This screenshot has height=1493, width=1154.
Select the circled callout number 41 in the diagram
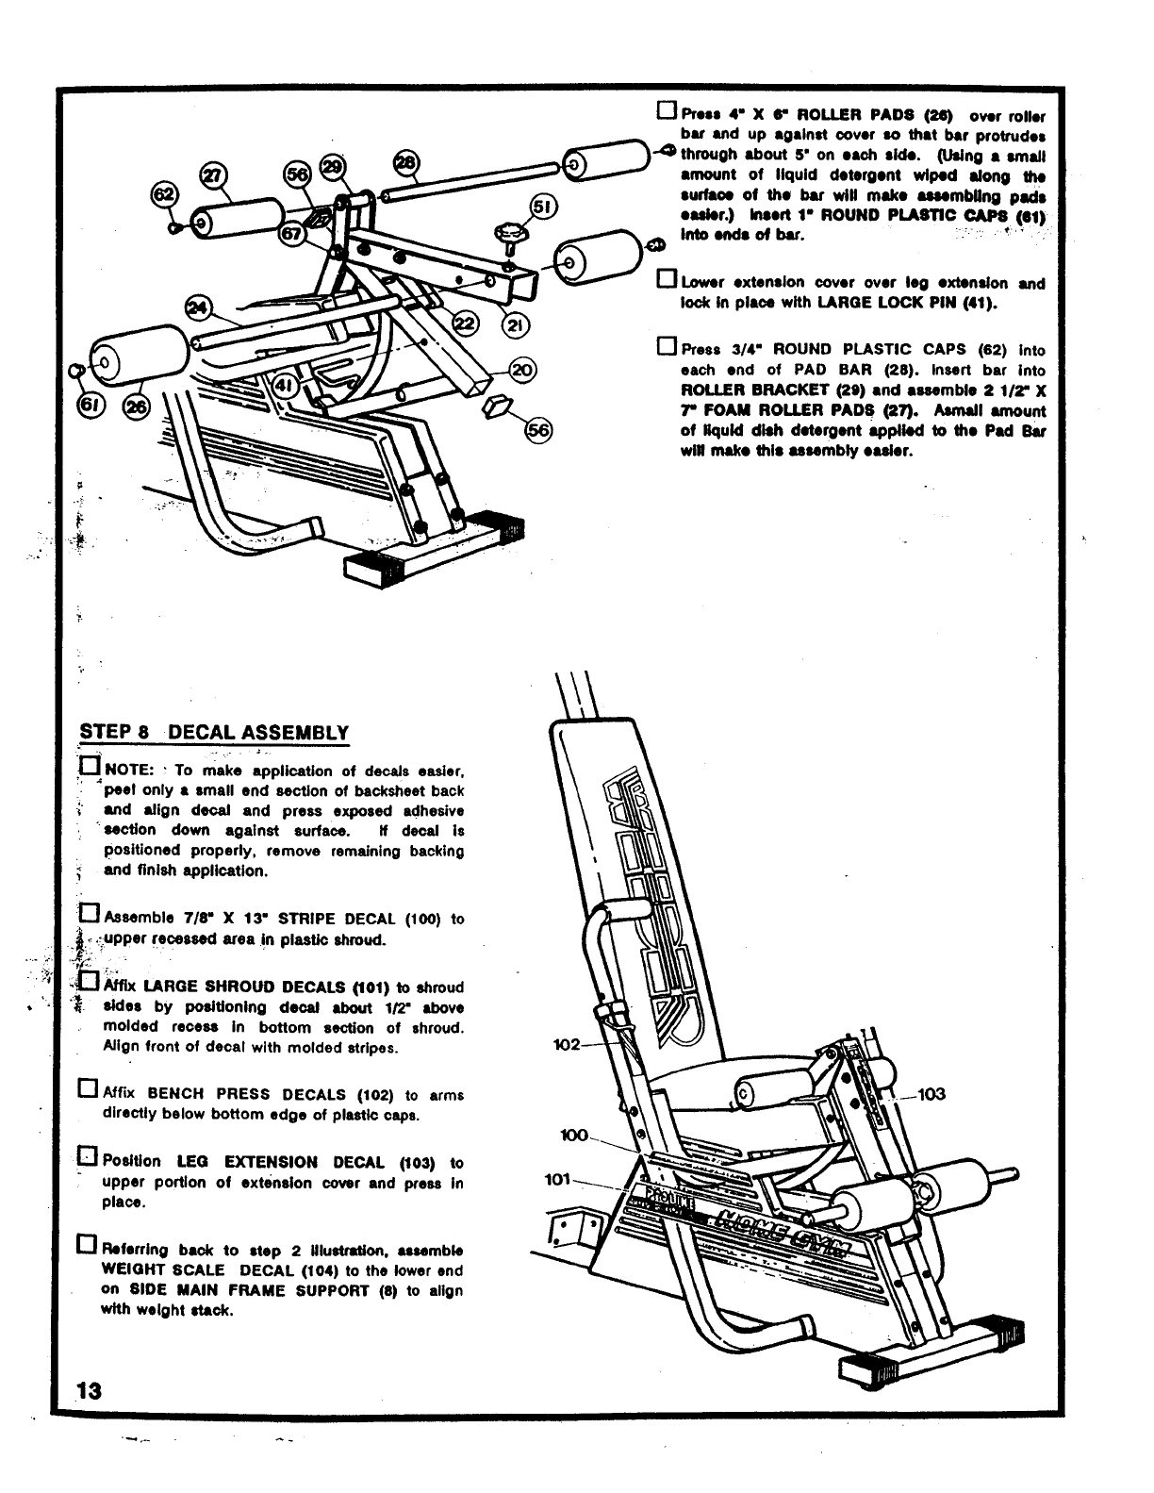286,387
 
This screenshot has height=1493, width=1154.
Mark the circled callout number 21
516,326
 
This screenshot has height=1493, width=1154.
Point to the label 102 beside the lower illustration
569,1045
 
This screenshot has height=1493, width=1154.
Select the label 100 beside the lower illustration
574,1135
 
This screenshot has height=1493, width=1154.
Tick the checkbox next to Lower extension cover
667,280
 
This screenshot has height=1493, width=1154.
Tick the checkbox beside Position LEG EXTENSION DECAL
88,1157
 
